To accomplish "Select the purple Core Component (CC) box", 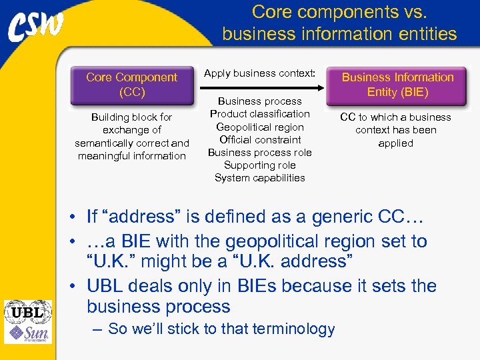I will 131,85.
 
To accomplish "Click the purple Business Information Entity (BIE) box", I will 397,85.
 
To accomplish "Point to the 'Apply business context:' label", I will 259,73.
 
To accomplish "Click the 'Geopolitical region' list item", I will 259,127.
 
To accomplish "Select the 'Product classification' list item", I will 259,114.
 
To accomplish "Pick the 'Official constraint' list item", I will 259,139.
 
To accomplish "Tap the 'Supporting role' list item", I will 259,165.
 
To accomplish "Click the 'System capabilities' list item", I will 259,177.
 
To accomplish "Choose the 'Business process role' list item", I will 259,152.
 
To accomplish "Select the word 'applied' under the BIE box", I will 395,143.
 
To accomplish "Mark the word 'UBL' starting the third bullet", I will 106,286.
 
